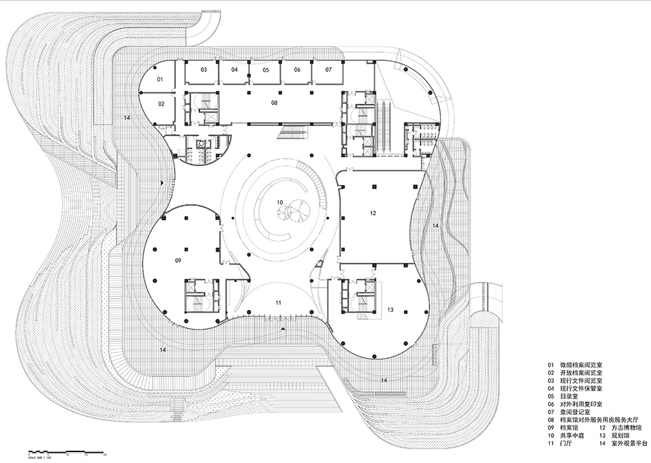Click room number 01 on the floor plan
(x=161, y=80)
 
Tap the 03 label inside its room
(x=203, y=70)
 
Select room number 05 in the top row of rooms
(x=266, y=70)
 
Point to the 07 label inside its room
(x=328, y=70)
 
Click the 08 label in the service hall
(x=275, y=102)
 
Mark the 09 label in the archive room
(x=178, y=260)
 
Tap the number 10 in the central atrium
(x=279, y=203)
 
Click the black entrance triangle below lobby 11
(x=283, y=328)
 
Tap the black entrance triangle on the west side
(x=161, y=183)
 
